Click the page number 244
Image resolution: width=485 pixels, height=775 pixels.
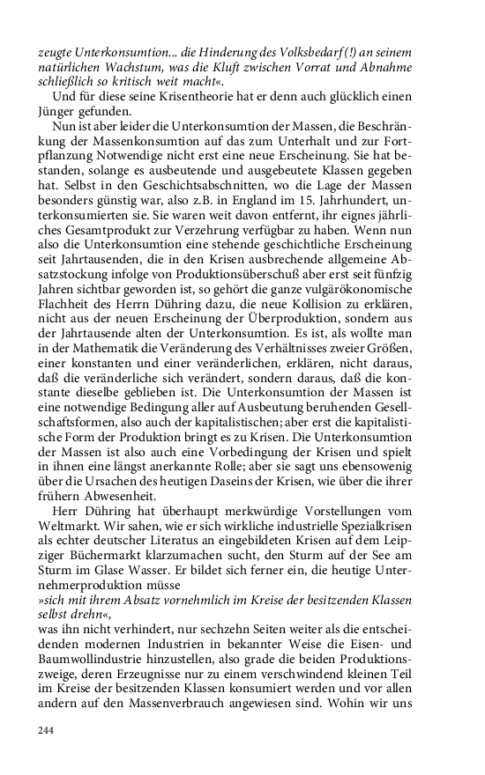(47, 730)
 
